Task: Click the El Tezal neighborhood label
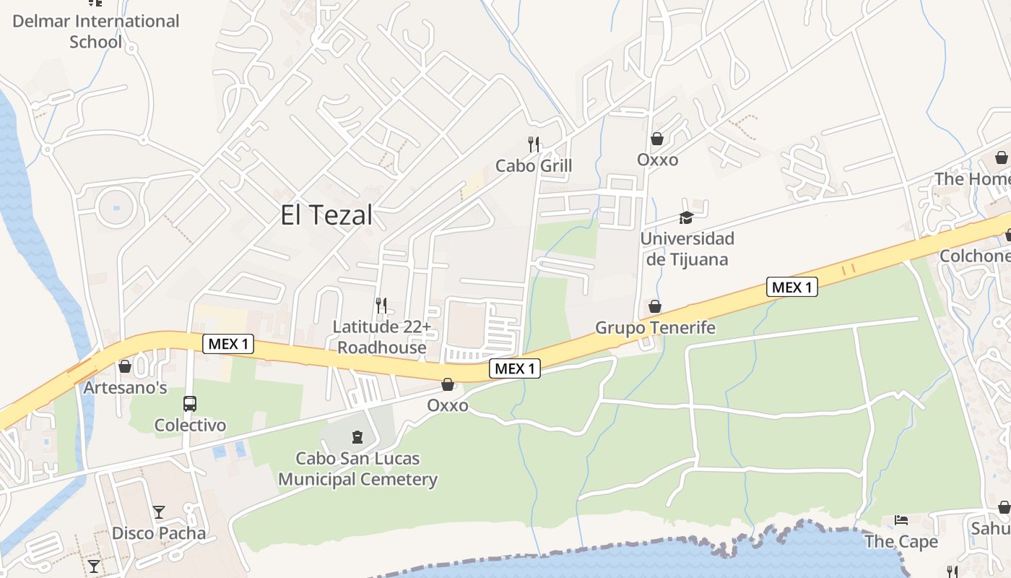(x=327, y=215)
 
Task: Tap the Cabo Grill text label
(x=534, y=166)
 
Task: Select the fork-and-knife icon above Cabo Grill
(x=534, y=144)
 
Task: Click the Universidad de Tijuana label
(x=687, y=249)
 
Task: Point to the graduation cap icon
(x=685, y=217)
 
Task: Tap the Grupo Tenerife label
(x=655, y=328)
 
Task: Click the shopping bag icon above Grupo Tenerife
(x=655, y=306)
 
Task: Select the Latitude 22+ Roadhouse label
(x=382, y=337)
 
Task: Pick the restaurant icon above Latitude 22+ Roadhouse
(x=381, y=306)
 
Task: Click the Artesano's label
(x=125, y=388)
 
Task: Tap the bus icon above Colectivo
(x=190, y=404)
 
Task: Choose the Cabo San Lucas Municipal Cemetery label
(x=357, y=469)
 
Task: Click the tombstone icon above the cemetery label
(x=357, y=437)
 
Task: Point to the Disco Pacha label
(x=158, y=534)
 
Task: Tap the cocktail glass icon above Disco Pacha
(x=159, y=512)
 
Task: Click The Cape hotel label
(x=901, y=542)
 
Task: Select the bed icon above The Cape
(x=901, y=520)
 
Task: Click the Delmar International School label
(x=96, y=31)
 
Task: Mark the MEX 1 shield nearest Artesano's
(x=228, y=344)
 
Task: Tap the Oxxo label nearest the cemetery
(x=448, y=405)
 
